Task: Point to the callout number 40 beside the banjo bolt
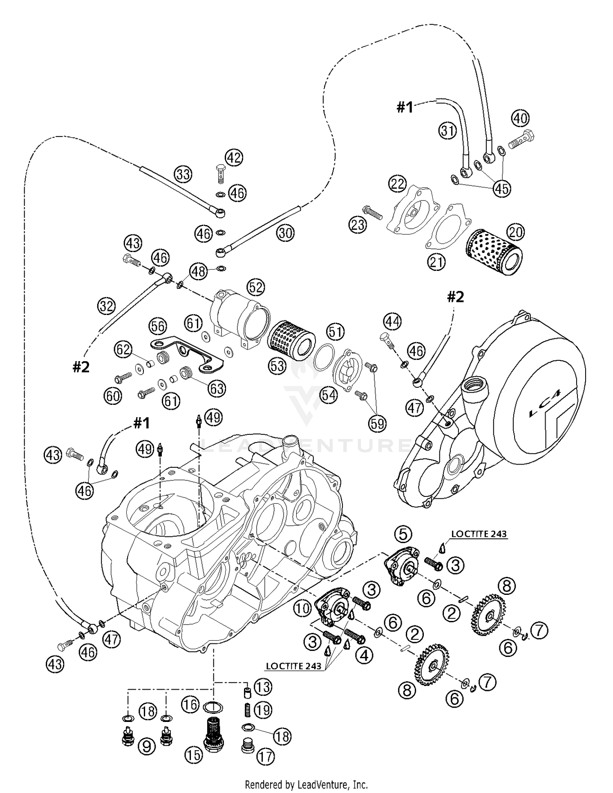click(x=520, y=118)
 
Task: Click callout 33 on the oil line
click(x=183, y=174)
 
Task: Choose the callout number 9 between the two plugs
click(x=147, y=747)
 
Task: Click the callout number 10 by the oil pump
click(x=303, y=609)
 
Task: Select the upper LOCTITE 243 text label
click(x=479, y=534)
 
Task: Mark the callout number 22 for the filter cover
click(x=397, y=184)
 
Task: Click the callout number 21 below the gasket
click(x=436, y=262)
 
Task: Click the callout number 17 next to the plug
click(x=266, y=757)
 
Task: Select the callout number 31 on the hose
click(x=447, y=131)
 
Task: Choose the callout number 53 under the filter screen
click(x=277, y=366)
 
